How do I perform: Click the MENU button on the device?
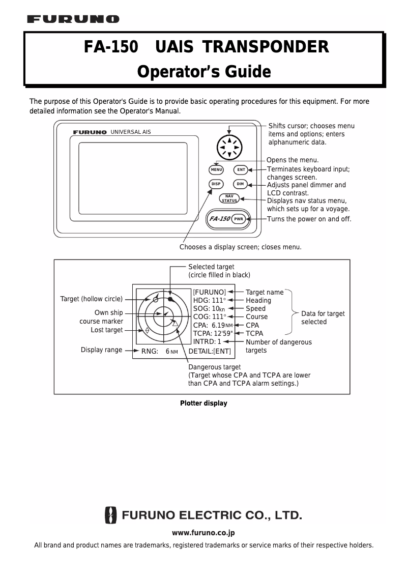(x=216, y=169)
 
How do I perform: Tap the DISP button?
(x=216, y=184)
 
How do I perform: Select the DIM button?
(x=241, y=184)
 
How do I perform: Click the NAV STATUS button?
(x=229, y=198)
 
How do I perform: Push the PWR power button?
(x=239, y=219)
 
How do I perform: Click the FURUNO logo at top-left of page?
(x=73, y=19)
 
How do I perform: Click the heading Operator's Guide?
(x=204, y=72)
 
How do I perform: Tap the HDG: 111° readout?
(x=209, y=300)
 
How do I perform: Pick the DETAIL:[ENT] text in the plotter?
(x=210, y=351)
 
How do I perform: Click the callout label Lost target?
(x=107, y=330)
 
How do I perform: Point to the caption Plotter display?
(x=203, y=403)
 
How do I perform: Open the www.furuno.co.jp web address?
(x=203, y=533)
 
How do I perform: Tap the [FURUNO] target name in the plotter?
(x=209, y=292)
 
